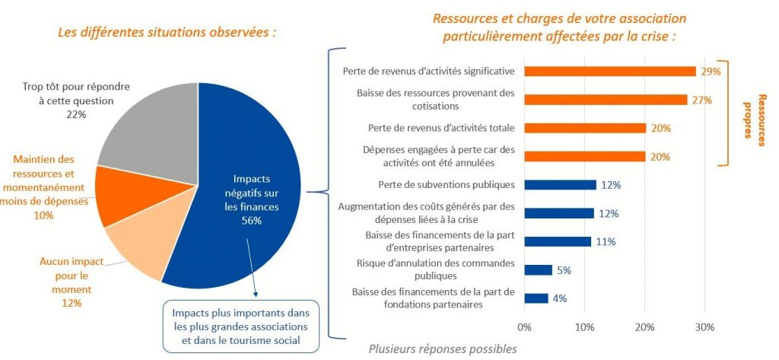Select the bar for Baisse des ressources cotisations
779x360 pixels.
[606, 99]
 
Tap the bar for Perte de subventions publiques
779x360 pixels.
[560, 184]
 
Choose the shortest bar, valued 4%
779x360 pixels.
[536, 298]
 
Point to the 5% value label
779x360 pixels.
[564, 270]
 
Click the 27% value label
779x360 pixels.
[701, 100]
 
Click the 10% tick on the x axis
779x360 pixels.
[584, 328]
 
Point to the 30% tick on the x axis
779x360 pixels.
[704, 328]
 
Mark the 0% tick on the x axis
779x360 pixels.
[524, 328]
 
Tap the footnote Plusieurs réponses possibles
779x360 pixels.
[443, 349]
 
